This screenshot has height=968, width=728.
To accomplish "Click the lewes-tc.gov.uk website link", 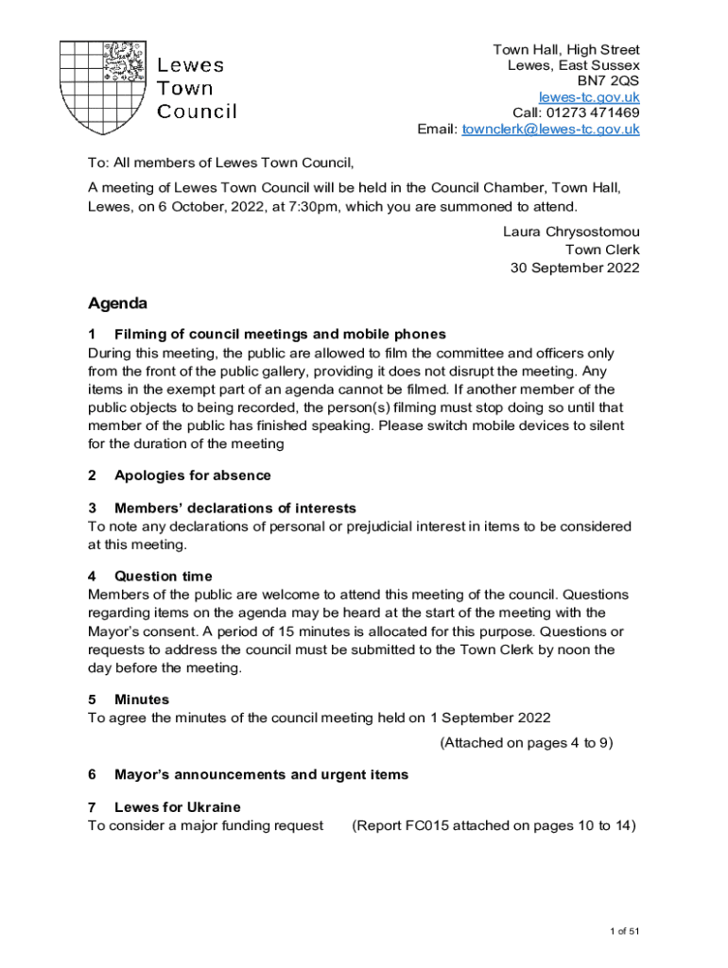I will click(x=589, y=97).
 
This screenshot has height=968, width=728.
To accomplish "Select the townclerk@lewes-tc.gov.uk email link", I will click(x=550, y=130).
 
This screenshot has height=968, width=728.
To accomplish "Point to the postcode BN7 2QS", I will click(x=609, y=81).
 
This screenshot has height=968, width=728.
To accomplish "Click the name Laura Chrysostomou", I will click(x=571, y=233).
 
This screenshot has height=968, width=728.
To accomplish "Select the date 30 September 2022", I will click(x=575, y=268).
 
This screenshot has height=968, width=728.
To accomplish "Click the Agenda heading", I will click(x=117, y=304).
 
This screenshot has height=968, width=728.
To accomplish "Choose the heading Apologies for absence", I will click(x=192, y=475).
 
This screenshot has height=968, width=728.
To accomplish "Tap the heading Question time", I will click(x=163, y=576).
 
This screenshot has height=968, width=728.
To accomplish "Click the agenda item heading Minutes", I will click(x=142, y=700).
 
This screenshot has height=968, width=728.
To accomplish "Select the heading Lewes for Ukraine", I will click(x=177, y=807).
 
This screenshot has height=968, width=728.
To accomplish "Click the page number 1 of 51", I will click(x=625, y=932).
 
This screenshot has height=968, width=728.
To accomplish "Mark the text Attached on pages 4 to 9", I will click(x=527, y=743).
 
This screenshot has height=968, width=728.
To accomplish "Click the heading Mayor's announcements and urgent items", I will click(x=261, y=775).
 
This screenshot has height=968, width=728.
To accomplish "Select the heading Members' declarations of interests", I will click(x=234, y=509).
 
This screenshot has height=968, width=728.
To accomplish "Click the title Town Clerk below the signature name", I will click(x=602, y=250).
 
